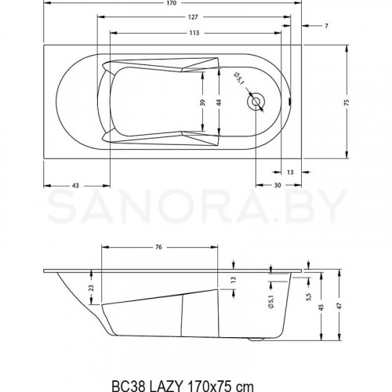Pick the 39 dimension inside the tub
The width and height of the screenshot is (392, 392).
click(x=202, y=103)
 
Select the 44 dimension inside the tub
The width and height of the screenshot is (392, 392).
click(x=220, y=103)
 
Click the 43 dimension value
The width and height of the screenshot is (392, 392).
click(x=75, y=185)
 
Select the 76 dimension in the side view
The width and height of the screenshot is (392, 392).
click(x=158, y=248)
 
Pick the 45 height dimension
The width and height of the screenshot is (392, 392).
click(x=321, y=307)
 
